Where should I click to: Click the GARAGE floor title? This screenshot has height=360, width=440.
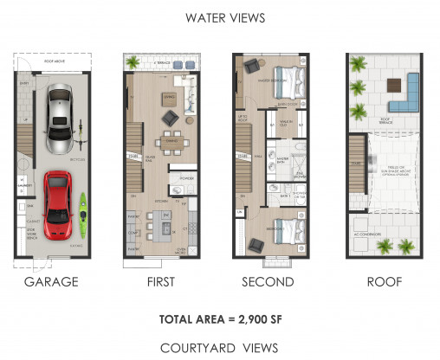[51, 281]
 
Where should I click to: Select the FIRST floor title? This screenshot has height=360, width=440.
[161, 281]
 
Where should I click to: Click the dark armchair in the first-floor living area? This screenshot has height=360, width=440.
[169, 118]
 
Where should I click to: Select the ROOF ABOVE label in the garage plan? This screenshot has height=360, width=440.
[59, 61]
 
